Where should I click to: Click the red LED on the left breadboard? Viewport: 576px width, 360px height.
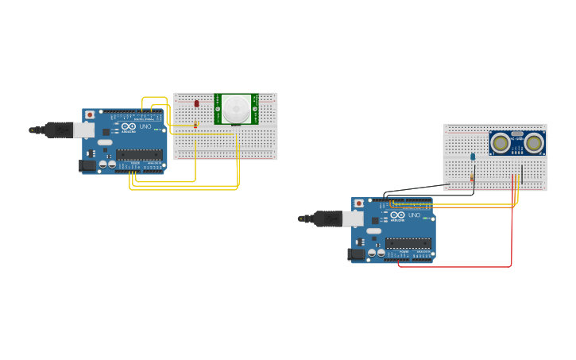[x=197, y=104]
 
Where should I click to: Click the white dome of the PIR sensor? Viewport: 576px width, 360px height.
[x=235, y=109]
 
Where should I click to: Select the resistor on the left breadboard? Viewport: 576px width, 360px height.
[x=195, y=124]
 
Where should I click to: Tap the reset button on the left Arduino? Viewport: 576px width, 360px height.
[x=90, y=115]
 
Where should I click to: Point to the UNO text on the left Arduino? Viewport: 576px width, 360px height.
[x=145, y=126]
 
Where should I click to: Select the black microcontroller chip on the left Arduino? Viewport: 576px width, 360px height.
[x=140, y=154]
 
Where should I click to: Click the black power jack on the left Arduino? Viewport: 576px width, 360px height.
[x=86, y=165]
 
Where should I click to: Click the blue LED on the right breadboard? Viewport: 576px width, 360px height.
[x=473, y=157]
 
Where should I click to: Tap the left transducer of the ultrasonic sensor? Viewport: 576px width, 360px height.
[x=501, y=143]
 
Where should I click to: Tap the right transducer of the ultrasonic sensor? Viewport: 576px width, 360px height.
[x=534, y=143]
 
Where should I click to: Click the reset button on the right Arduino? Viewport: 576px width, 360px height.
[x=359, y=203]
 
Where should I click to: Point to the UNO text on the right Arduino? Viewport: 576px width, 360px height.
[x=415, y=215]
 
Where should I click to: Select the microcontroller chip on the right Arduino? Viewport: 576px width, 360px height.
[x=408, y=243]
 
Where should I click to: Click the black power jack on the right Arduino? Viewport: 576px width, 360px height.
[x=355, y=254]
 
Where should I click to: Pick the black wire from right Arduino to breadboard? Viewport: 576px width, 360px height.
[x=413, y=190]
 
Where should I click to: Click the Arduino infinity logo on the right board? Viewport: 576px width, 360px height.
[x=397, y=215]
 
